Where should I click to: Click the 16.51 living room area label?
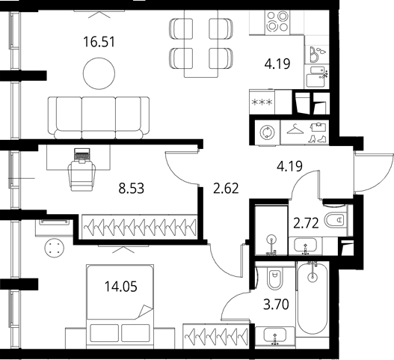99,42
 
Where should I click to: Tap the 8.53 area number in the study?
132,189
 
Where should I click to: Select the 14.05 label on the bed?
121,287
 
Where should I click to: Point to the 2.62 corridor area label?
226,189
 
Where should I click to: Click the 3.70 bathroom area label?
276,305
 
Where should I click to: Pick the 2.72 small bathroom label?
306,223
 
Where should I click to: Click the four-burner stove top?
277,22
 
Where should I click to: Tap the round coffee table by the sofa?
99,73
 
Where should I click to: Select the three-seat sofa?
99,118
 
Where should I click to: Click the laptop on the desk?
82,154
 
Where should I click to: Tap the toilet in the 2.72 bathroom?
337,220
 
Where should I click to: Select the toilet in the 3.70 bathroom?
275,276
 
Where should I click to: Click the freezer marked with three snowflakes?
262,102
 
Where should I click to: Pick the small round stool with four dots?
55,248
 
